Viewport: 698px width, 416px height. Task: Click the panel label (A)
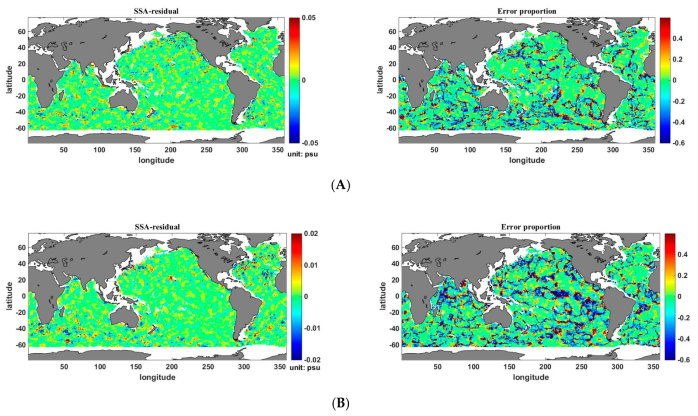click(341, 185)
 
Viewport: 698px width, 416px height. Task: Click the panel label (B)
click(341, 403)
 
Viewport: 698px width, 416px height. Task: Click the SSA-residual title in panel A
click(156, 11)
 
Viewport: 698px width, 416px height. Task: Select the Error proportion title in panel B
click(530, 227)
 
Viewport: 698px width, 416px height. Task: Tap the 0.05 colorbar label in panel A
click(309, 18)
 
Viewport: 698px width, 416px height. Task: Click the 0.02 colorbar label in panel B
click(311, 234)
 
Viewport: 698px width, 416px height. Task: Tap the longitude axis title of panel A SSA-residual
click(156, 160)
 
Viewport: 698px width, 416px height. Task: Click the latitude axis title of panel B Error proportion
click(383, 296)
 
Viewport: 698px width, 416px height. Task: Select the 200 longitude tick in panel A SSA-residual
click(170, 150)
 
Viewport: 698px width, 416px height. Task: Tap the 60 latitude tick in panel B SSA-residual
click(22, 248)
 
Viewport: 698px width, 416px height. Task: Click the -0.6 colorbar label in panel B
click(683, 360)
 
